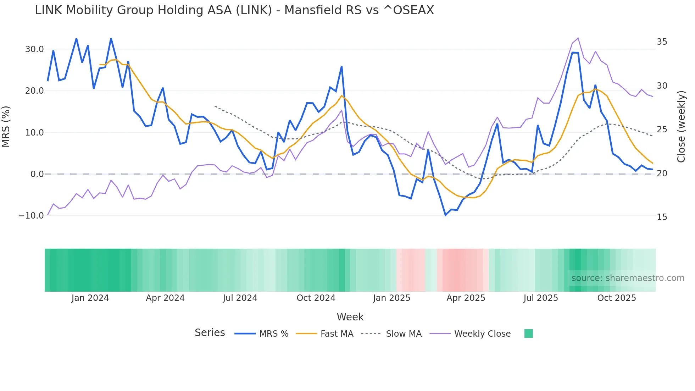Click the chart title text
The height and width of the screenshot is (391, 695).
(x=234, y=10)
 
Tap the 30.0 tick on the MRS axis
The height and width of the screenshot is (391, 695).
(x=34, y=49)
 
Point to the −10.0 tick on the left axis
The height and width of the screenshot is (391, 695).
(x=31, y=216)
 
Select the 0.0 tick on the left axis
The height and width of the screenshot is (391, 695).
(x=37, y=174)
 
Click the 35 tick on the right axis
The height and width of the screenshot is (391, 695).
(x=662, y=42)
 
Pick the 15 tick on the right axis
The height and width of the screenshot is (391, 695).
(x=662, y=217)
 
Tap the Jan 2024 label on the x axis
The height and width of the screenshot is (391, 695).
(x=90, y=298)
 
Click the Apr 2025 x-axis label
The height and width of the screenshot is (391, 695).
(x=466, y=298)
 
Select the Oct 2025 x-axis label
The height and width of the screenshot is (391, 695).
(x=616, y=298)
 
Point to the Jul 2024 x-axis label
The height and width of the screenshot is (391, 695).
(x=240, y=298)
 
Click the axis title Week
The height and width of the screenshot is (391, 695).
(x=350, y=317)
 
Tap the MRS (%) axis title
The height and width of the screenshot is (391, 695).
(x=6, y=126)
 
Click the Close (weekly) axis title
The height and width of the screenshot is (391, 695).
(x=681, y=127)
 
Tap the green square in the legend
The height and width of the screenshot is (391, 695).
(x=528, y=334)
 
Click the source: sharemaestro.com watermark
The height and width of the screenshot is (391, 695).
(x=628, y=278)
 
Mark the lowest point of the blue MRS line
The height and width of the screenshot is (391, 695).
(x=445, y=215)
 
